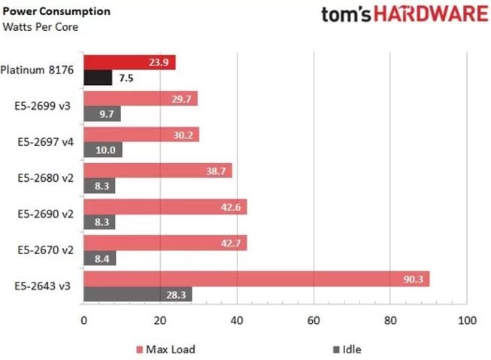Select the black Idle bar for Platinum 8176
pos(97,77)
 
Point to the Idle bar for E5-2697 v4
pos(102,150)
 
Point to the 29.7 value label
pos(184,99)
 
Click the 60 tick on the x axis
pos(314,320)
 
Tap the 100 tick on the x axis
pos(466,320)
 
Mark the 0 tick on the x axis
pos(83,320)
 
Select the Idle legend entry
pos(345,349)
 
